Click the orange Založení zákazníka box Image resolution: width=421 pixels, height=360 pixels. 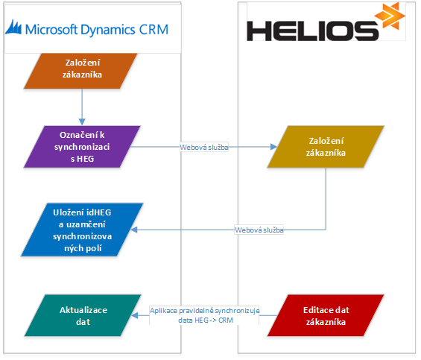point(80,71)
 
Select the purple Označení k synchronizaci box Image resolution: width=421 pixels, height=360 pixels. point(82,147)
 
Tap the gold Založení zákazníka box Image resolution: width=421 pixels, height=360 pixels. point(326,147)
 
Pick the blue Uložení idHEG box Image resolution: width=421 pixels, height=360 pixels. point(82,230)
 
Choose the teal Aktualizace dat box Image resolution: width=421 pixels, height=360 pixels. point(83,315)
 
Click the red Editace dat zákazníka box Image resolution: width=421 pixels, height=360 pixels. point(326,315)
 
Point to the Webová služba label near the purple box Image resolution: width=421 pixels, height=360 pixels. point(204,148)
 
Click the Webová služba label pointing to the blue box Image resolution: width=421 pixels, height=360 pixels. point(259,230)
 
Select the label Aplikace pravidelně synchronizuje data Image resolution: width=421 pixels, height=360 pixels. point(205,315)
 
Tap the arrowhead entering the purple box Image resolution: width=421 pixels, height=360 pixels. point(82,122)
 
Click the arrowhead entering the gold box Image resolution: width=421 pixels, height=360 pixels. point(273,147)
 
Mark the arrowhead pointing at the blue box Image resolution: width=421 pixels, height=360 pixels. point(134,230)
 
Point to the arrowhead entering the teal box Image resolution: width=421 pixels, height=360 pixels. point(135,315)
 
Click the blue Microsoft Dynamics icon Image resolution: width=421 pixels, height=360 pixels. point(13,27)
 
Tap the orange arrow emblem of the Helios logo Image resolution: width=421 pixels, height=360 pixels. point(390,16)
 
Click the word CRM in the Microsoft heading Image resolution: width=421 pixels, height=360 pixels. point(153,29)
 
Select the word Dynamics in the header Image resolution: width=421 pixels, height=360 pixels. point(107,30)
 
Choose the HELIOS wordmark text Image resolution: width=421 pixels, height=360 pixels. point(312,31)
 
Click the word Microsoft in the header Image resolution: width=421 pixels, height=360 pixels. point(51,29)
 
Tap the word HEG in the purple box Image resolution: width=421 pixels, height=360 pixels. point(86,159)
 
